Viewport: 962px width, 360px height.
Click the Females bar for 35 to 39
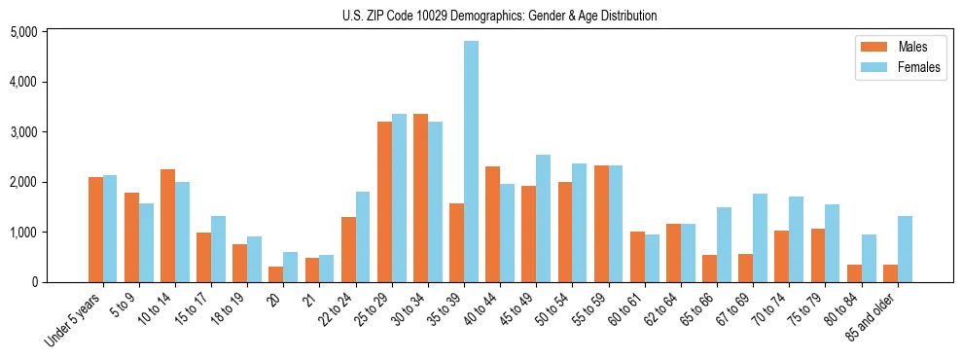471,162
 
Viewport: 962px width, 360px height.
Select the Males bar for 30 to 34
420,198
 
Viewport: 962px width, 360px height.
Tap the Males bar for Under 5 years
95,230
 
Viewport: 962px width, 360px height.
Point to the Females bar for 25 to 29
399,198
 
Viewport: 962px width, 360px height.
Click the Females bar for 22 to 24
363,237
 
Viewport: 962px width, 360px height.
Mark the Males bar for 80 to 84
854,273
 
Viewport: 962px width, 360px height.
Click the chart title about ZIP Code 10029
499,16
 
